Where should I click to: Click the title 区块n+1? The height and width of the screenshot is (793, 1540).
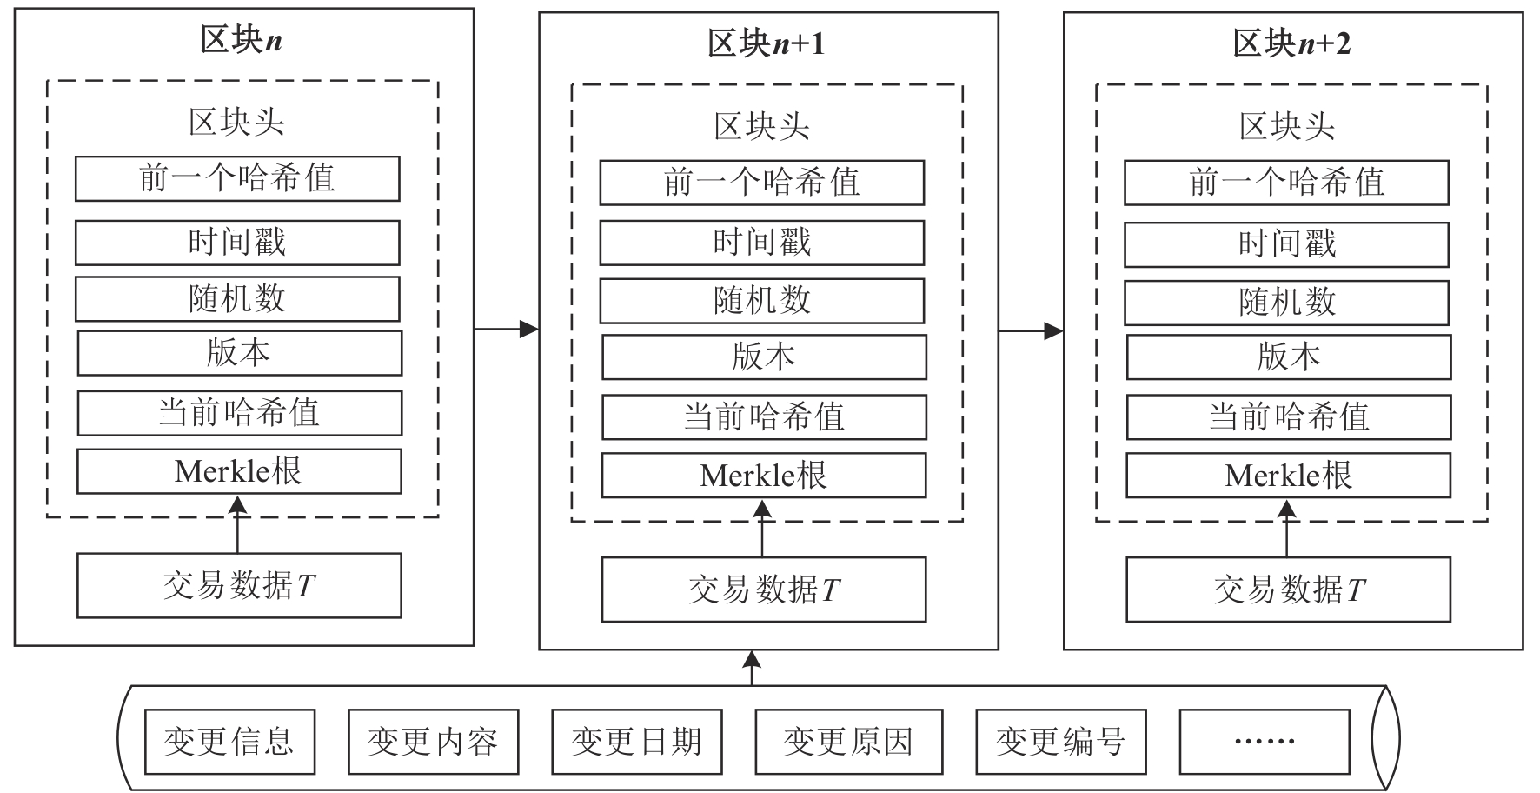pyautogui.click(x=766, y=43)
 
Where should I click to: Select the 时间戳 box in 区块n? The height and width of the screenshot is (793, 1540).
pyautogui.click(x=237, y=243)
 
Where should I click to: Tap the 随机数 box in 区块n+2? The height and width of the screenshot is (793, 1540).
pyautogui.click(x=1286, y=303)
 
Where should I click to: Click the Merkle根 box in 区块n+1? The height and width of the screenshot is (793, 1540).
pyautogui.click(x=763, y=476)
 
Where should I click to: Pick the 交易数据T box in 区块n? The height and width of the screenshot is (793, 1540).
pyautogui.click(x=239, y=586)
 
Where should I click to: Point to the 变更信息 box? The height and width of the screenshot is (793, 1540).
pyautogui.click(x=229, y=742)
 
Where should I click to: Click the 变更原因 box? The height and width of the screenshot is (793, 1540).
pyautogui.click(x=847, y=742)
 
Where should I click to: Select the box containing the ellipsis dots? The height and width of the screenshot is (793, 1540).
pyautogui.click(x=1264, y=742)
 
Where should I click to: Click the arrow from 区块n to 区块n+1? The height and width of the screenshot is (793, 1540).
pyautogui.click(x=506, y=329)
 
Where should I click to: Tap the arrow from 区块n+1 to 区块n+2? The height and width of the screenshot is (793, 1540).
pyautogui.click(x=1031, y=330)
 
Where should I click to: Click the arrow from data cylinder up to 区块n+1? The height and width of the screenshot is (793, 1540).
pyautogui.click(x=753, y=668)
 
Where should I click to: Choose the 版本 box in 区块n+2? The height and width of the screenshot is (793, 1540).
pyautogui.click(x=1288, y=357)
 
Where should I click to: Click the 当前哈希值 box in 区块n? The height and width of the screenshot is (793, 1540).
pyautogui.click(x=239, y=412)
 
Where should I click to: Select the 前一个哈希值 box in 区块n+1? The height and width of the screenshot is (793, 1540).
pyautogui.click(x=761, y=183)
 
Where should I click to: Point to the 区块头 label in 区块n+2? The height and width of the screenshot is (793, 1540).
pyautogui.click(x=1286, y=127)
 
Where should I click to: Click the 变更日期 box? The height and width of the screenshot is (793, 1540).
pyautogui.click(x=636, y=742)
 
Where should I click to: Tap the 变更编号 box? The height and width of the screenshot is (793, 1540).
pyautogui.click(x=1060, y=742)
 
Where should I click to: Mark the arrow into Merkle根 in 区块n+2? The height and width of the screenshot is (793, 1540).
pyautogui.click(x=1287, y=528)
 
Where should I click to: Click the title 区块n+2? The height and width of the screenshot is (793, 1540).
pyautogui.click(x=1291, y=43)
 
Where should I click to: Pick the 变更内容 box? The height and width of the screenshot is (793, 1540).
pyautogui.click(x=433, y=742)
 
